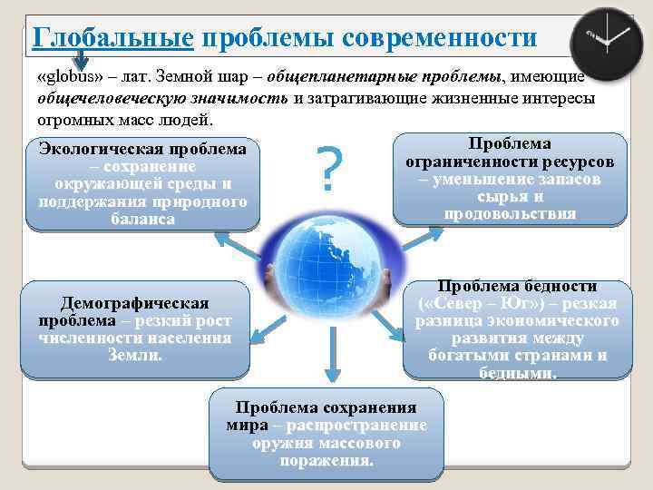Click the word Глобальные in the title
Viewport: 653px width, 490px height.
tap(112, 38)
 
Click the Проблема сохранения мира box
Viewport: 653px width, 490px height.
tap(326, 433)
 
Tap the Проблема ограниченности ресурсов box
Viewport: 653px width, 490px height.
tap(510, 179)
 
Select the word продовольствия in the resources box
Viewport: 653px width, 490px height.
tap(510, 213)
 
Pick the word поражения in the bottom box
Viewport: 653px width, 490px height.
tap(326, 460)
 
